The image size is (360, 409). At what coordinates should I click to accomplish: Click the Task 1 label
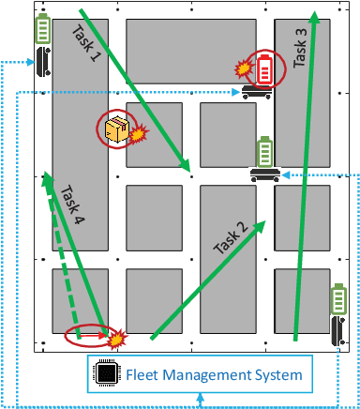pyautogui.click(x=85, y=44)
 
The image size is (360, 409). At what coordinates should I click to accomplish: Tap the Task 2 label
pyautogui.click(x=231, y=238)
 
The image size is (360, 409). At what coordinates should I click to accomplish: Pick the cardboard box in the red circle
pyautogui.click(x=117, y=131)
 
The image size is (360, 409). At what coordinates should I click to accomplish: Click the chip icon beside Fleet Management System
pyautogui.click(x=107, y=375)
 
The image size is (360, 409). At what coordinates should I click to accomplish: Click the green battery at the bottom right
pyautogui.click(x=338, y=303)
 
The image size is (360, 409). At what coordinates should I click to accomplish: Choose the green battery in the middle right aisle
pyautogui.click(x=264, y=152)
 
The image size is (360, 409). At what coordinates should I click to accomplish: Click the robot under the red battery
pyautogui.click(x=257, y=91)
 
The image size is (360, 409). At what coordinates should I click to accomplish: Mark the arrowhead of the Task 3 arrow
pyautogui.click(x=316, y=17)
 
